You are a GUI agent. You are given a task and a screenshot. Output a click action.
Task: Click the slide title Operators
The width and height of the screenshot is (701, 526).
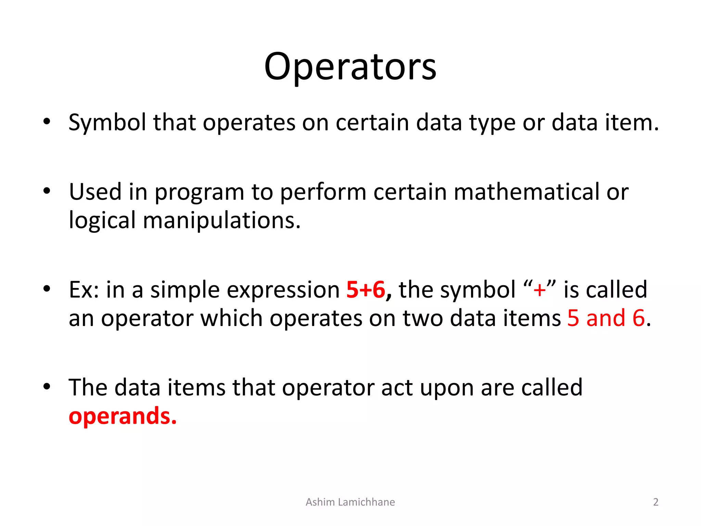(x=350, y=66)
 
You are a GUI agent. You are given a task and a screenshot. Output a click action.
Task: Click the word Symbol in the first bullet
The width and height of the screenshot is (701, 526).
(x=107, y=123)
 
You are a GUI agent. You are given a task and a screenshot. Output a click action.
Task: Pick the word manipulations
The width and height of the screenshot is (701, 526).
(x=221, y=220)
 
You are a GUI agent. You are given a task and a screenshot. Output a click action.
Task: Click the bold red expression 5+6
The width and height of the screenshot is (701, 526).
(x=366, y=290)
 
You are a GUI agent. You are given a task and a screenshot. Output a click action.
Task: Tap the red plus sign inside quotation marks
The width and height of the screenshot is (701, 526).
(x=539, y=290)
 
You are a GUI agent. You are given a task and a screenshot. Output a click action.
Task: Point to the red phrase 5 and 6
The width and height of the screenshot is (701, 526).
(x=606, y=318)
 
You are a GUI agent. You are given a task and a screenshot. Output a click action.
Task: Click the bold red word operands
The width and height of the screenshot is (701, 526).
(x=122, y=416)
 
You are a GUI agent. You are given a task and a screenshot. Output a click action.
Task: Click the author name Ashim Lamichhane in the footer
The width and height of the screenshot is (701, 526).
(x=350, y=502)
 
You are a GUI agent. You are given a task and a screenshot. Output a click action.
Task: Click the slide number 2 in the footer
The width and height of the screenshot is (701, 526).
(x=655, y=502)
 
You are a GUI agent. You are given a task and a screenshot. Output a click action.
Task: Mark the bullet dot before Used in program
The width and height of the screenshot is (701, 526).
(x=47, y=191)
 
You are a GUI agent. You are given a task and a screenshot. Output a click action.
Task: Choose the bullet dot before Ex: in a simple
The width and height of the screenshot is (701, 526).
(x=47, y=289)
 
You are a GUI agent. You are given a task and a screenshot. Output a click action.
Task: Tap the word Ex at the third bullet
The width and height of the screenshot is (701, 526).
(x=81, y=290)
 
